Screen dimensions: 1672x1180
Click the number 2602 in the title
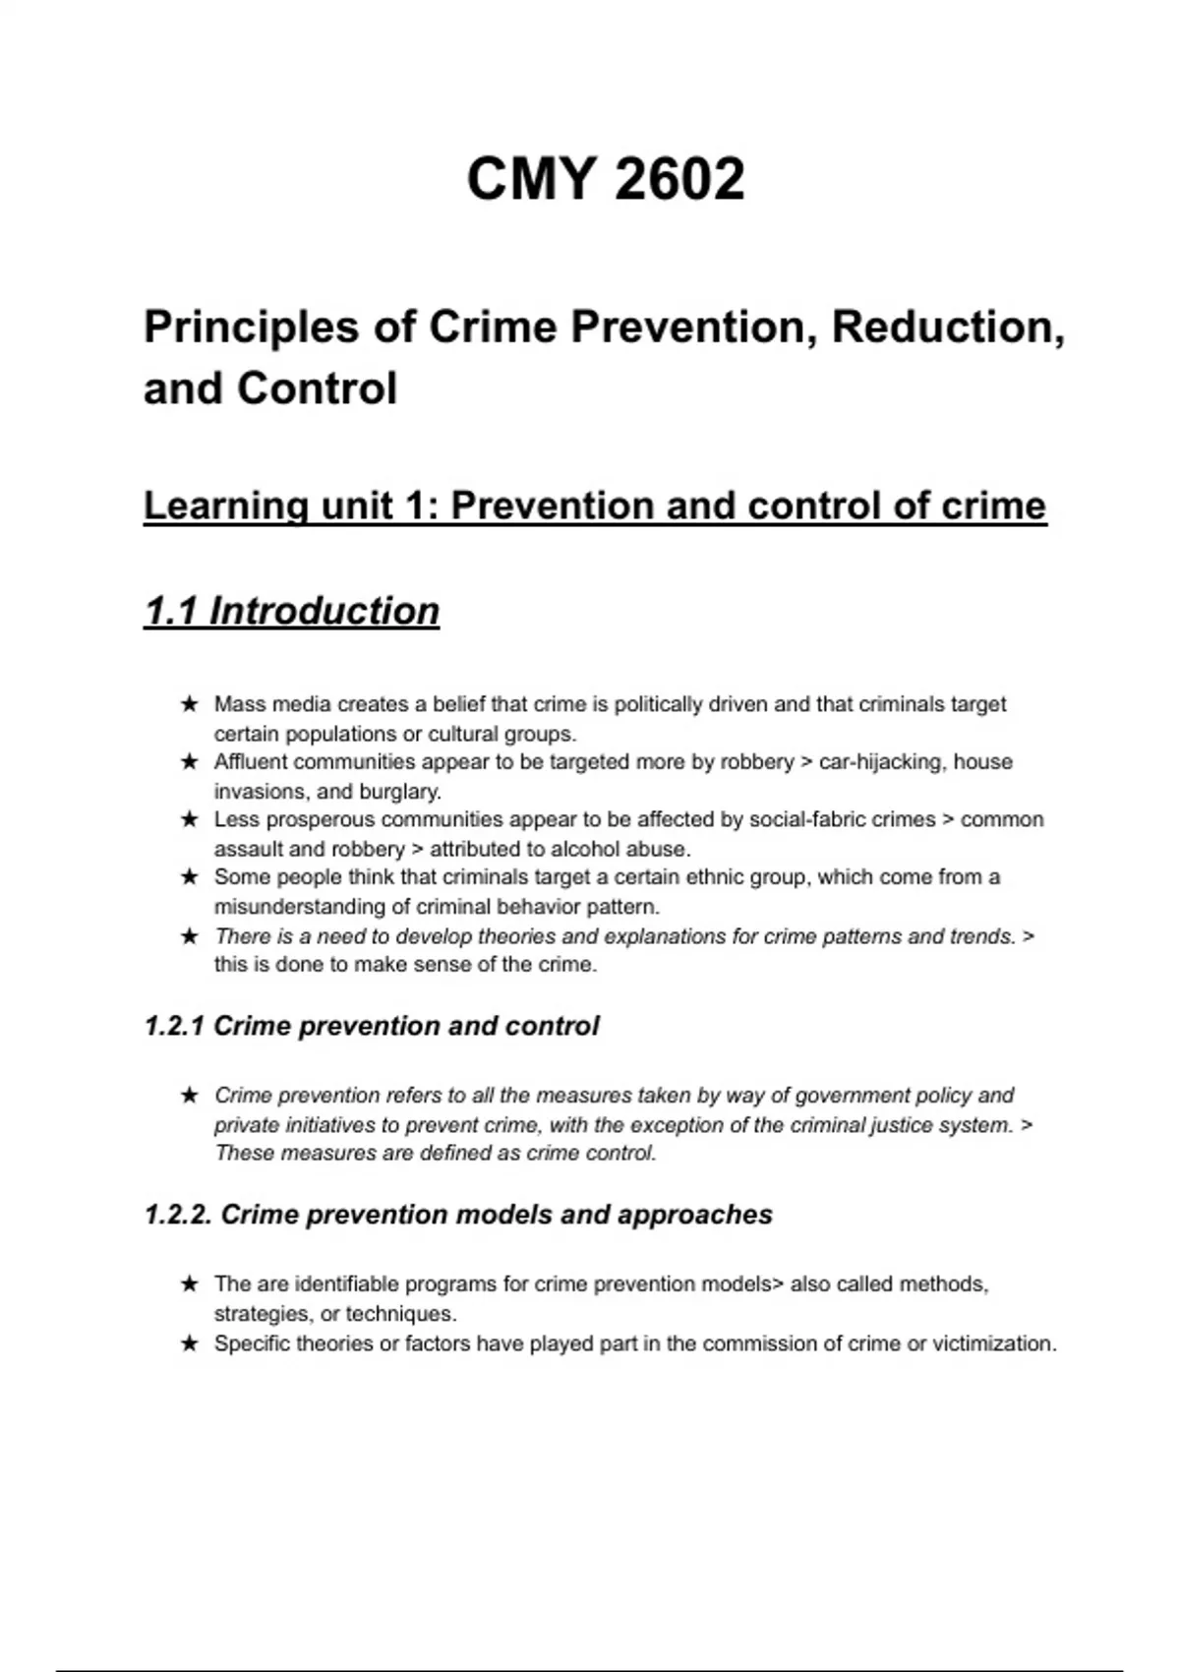point(679,179)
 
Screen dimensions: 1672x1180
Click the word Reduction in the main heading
point(948,327)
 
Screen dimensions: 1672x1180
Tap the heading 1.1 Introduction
point(291,611)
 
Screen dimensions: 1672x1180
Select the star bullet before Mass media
point(190,704)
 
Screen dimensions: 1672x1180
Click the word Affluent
point(251,762)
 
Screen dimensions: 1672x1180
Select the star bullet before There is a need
point(190,936)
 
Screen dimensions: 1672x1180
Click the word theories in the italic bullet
point(515,936)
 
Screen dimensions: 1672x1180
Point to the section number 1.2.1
point(174,1026)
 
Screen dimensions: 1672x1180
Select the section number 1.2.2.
point(178,1215)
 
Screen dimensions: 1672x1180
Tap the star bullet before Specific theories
point(190,1344)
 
